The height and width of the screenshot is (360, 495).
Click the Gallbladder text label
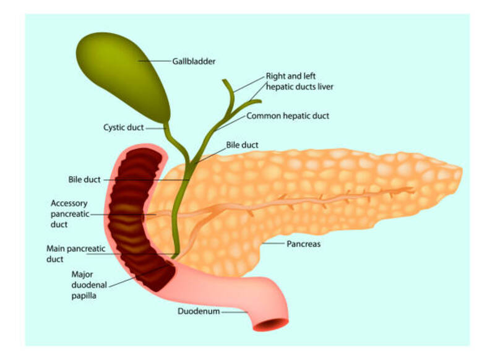click(x=194, y=61)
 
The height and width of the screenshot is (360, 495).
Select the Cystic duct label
click(x=123, y=127)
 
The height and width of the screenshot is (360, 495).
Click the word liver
click(x=325, y=87)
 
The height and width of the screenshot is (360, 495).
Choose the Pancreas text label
click(x=303, y=244)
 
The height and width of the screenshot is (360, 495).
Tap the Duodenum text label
click(x=199, y=311)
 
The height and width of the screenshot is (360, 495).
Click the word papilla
click(x=84, y=296)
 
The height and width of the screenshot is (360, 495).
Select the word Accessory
click(x=69, y=204)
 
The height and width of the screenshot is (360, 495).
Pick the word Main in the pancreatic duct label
click(x=55, y=249)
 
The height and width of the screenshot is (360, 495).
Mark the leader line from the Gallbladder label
click(x=155, y=61)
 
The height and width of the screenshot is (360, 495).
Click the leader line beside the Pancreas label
click(x=273, y=244)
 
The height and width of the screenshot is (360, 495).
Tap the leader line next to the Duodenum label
click(x=235, y=312)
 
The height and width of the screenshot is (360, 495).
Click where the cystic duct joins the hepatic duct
click(x=190, y=163)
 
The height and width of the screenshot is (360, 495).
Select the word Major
click(x=82, y=275)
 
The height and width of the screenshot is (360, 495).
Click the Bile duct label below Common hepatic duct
click(x=242, y=145)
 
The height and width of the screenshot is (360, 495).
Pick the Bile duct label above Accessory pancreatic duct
click(x=84, y=179)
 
